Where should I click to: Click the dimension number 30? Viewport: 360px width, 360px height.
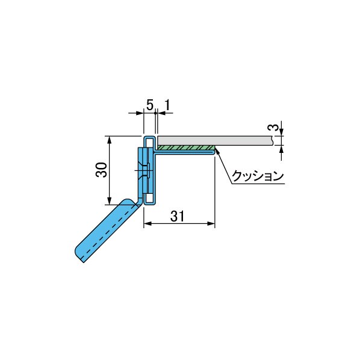point(101,170)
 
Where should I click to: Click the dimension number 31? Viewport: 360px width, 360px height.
point(178,216)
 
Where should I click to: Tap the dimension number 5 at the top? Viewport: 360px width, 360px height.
point(150,105)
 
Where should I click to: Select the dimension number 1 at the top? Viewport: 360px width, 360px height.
point(167,105)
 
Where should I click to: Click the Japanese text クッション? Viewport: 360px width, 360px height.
point(258,176)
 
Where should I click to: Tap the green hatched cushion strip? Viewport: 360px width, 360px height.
point(186,147)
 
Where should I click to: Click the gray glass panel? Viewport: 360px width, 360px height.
point(215,140)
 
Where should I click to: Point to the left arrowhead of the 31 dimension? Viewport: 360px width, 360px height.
point(147,223)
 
